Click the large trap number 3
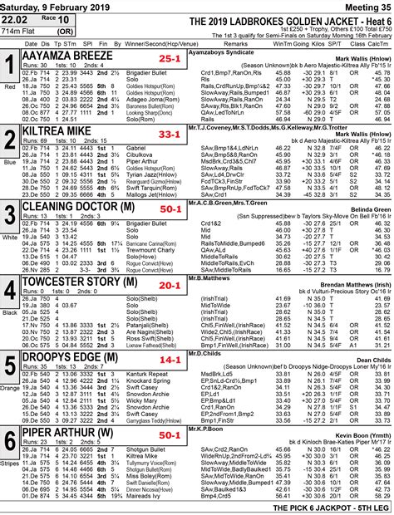(9, 214)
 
